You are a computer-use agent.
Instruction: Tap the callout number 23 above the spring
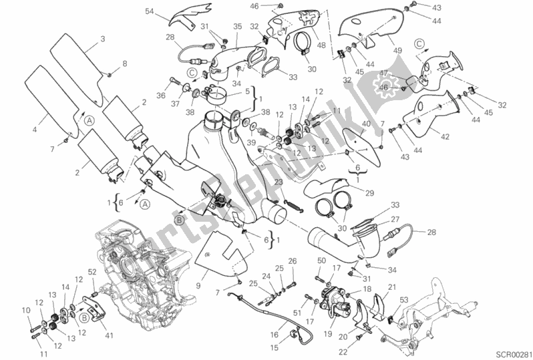278,182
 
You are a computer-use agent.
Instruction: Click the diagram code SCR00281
510,352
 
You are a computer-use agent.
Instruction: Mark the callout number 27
394,219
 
